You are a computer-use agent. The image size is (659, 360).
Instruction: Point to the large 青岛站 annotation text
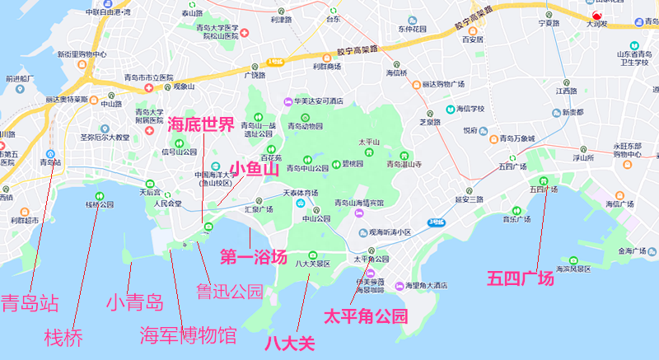[30, 302]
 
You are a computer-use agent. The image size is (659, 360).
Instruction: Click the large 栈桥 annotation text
[64, 337]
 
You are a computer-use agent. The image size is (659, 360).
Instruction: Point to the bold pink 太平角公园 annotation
[366, 316]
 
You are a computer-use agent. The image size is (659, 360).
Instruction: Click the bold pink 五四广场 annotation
[520, 278]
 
